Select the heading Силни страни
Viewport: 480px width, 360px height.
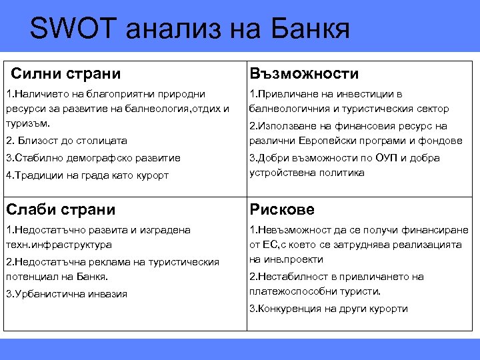[x=66, y=73]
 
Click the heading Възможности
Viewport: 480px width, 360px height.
[x=304, y=73]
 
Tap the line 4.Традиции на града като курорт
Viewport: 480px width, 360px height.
[x=87, y=175]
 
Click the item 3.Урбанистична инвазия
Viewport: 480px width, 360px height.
[x=66, y=294]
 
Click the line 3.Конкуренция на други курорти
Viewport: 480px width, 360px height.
[x=328, y=309]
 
